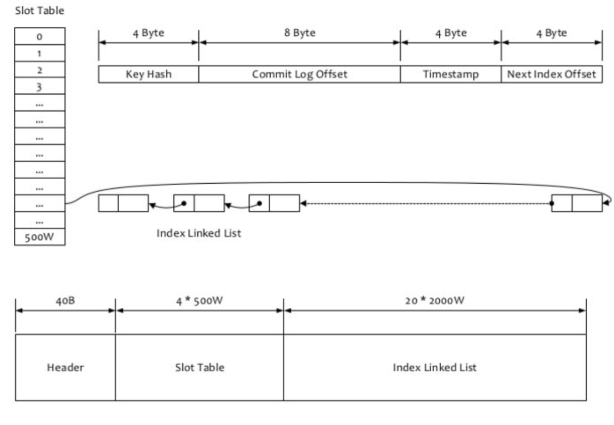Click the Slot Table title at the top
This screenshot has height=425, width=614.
[x=39, y=11]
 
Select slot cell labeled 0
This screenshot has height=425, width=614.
[x=39, y=36]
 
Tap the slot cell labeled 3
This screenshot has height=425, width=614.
[x=39, y=86]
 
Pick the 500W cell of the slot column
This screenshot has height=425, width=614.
[x=39, y=237]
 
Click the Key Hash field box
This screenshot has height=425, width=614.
[x=149, y=74]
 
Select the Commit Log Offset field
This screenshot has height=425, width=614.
[x=299, y=74]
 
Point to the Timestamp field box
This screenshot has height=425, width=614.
[x=451, y=74]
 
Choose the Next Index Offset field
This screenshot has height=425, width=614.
[x=552, y=74]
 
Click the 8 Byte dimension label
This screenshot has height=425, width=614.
[x=299, y=33]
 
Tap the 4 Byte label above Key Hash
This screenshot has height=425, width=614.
[x=149, y=33]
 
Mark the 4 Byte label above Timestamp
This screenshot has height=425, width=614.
[x=451, y=33]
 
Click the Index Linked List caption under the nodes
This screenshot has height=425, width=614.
[x=199, y=233]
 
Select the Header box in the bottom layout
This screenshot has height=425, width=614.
[x=65, y=367]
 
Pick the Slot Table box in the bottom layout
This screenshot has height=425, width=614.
[x=200, y=367]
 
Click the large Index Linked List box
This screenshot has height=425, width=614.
[x=435, y=367]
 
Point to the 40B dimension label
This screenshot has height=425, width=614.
[x=65, y=301]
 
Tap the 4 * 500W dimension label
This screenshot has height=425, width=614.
[x=200, y=301]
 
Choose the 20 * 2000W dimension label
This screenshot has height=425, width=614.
[x=435, y=301]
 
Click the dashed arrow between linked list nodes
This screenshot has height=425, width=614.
[x=425, y=204]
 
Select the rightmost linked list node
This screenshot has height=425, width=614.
[x=576, y=203]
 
